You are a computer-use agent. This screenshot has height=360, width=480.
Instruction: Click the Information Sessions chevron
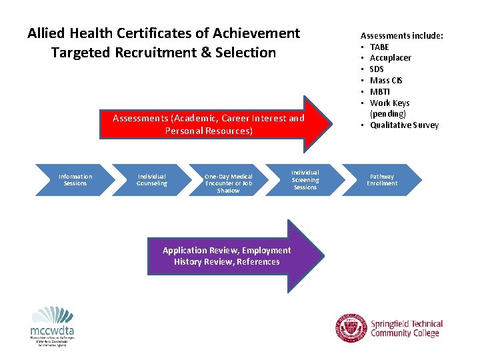75,180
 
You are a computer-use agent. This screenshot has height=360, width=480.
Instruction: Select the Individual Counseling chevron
152,180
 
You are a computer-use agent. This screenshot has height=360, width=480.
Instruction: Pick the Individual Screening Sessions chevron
305,180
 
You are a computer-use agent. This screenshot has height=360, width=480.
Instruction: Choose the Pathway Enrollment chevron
382,180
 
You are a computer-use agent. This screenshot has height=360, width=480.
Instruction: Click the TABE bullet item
379,47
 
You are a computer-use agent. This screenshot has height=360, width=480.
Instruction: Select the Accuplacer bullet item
390,58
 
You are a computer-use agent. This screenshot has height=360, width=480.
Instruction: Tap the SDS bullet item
377,69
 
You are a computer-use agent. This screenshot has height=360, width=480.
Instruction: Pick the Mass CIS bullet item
386,81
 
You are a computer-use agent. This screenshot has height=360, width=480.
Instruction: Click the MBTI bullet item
380,92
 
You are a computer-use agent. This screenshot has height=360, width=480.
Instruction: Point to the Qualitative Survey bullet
404,125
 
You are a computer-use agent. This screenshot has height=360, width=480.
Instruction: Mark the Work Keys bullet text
389,103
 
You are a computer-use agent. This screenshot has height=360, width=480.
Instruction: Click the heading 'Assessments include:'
402,35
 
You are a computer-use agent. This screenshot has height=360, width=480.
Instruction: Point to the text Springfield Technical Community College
406,329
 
